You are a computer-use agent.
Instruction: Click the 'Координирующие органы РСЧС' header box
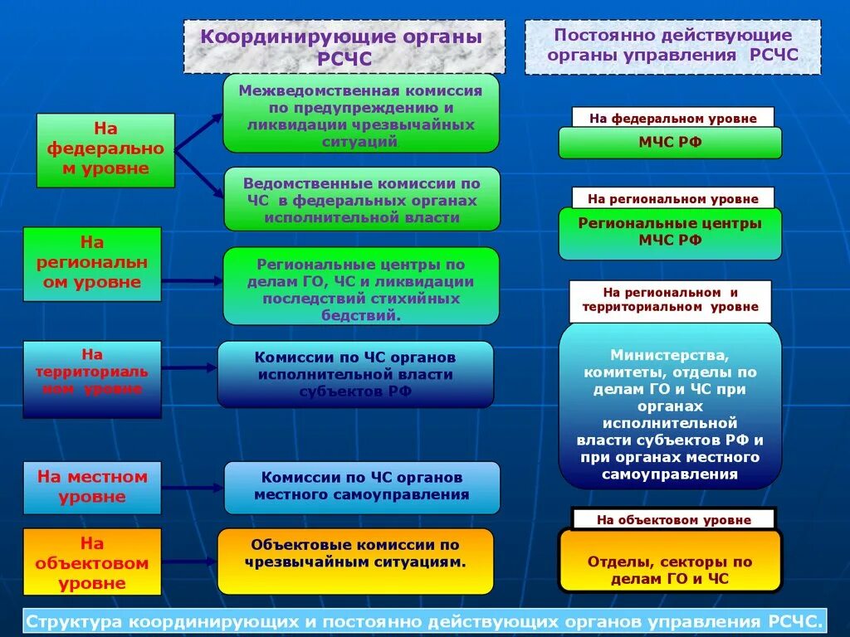click(344, 47)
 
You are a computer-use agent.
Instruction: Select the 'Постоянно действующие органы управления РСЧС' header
click(672, 46)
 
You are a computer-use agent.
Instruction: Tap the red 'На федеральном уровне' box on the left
click(105, 150)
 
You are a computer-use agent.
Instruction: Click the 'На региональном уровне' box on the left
click(92, 264)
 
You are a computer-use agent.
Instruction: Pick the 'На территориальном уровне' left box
click(92, 378)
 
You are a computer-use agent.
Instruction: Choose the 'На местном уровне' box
click(92, 488)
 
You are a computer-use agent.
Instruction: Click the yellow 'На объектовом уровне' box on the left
click(92, 562)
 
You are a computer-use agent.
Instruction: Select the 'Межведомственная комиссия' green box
click(360, 113)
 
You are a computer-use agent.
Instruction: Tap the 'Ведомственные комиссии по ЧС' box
click(362, 199)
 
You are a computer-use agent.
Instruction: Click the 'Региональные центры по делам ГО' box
click(360, 286)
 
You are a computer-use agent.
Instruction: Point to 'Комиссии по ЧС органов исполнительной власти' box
click(355, 374)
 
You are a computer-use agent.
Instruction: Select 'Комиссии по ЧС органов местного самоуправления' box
click(362, 488)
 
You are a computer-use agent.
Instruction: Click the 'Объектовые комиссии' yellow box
click(355, 562)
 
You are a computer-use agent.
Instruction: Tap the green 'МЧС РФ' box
click(670, 143)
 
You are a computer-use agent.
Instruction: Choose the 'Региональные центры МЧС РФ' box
click(670, 233)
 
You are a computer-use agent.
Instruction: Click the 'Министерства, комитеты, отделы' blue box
click(670, 406)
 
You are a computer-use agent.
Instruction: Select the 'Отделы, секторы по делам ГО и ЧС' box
click(670, 562)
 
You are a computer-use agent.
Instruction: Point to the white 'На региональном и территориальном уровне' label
click(670, 300)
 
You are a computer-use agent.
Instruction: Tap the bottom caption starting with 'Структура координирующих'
click(425, 620)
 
